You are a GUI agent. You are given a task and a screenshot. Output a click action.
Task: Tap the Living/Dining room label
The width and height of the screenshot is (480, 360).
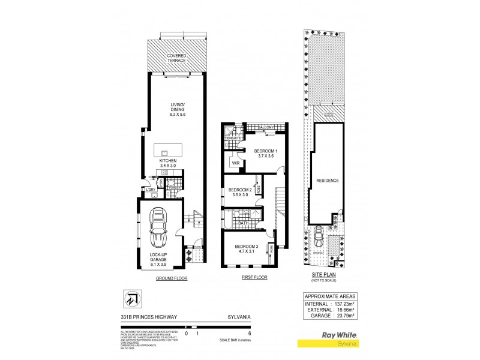coord(177,109)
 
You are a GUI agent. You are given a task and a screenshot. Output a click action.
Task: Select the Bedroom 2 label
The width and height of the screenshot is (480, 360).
coord(240,192)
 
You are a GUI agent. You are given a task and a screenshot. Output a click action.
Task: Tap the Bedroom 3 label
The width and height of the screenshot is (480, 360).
coord(247,250)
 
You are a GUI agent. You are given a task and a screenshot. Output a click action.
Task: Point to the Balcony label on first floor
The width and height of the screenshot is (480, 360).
coord(266,128)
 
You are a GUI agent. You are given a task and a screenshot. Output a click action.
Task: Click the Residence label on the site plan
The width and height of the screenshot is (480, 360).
coord(328,181)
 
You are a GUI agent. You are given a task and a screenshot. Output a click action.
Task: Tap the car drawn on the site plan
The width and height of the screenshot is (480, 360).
coord(317,238)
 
